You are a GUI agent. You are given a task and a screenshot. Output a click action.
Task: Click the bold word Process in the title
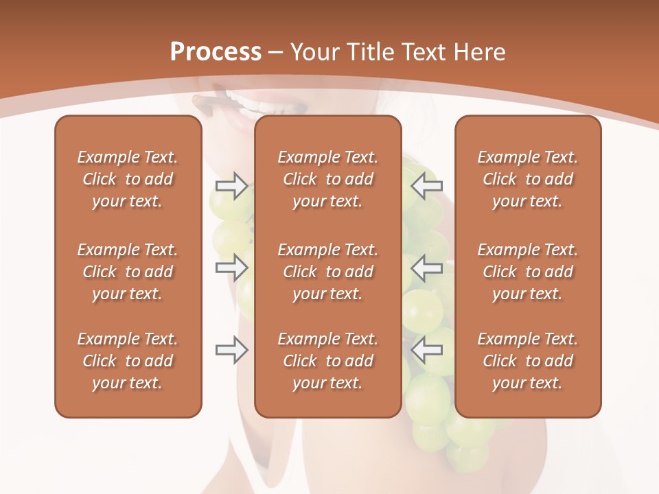click(x=216, y=52)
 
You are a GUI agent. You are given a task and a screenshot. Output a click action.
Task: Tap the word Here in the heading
click(x=481, y=52)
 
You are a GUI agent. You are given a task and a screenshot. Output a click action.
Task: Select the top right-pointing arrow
click(x=231, y=186)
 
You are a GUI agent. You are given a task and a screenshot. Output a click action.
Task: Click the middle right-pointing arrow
click(x=231, y=268)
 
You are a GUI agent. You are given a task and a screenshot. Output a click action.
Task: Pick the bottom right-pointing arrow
click(x=231, y=350)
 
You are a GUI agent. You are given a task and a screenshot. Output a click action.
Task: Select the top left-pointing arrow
click(x=426, y=186)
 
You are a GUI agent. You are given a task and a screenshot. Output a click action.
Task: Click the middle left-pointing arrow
click(x=426, y=268)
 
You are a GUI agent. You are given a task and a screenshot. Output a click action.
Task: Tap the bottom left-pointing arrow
click(x=426, y=350)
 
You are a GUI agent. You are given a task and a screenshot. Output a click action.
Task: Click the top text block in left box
click(x=128, y=179)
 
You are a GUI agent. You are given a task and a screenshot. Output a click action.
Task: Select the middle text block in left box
click(x=128, y=272)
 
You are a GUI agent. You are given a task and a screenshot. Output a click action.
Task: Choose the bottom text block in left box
click(x=128, y=361)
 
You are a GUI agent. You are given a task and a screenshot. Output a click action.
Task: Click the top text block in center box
click(x=327, y=179)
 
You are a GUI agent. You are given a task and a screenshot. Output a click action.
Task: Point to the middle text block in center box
click(x=327, y=272)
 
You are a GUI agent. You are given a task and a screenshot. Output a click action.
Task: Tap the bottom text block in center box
click(x=327, y=361)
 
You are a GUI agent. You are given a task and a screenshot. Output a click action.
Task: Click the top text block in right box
click(x=527, y=179)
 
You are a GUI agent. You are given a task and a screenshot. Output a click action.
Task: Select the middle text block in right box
click(x=527, y=272)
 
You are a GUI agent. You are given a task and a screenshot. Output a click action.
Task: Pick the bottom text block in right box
click(x=527, y=361)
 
